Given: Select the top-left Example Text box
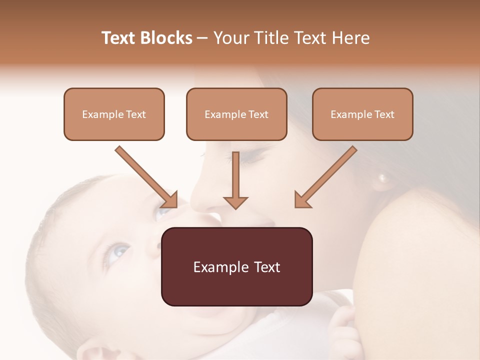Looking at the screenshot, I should [114, 114].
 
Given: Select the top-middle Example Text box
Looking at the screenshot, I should [236, 114].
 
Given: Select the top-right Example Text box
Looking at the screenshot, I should [362, 114].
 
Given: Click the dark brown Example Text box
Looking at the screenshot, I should [237, 266].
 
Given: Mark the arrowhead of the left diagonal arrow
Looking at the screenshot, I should [170, 200].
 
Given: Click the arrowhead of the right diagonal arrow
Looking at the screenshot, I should [302, 200].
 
